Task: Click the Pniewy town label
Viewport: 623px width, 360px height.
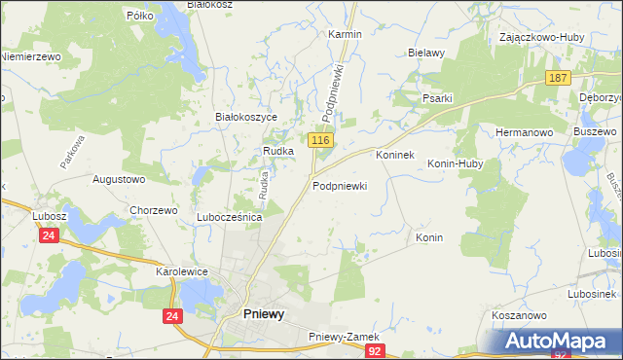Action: tap(263, 314)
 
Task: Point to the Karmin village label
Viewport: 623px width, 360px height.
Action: tap(345, 34)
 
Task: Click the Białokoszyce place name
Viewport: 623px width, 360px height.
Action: tap(246, 117)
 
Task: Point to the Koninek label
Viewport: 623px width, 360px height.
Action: tap(395, 155)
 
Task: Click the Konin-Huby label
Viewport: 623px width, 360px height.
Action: tap(456, 164)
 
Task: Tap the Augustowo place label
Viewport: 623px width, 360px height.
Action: tap(118, 180)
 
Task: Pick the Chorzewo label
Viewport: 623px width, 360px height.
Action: tap(153, 210)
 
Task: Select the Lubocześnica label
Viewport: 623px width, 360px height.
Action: tap(230, 217)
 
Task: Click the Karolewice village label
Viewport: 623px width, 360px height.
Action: tap(184, 272)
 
